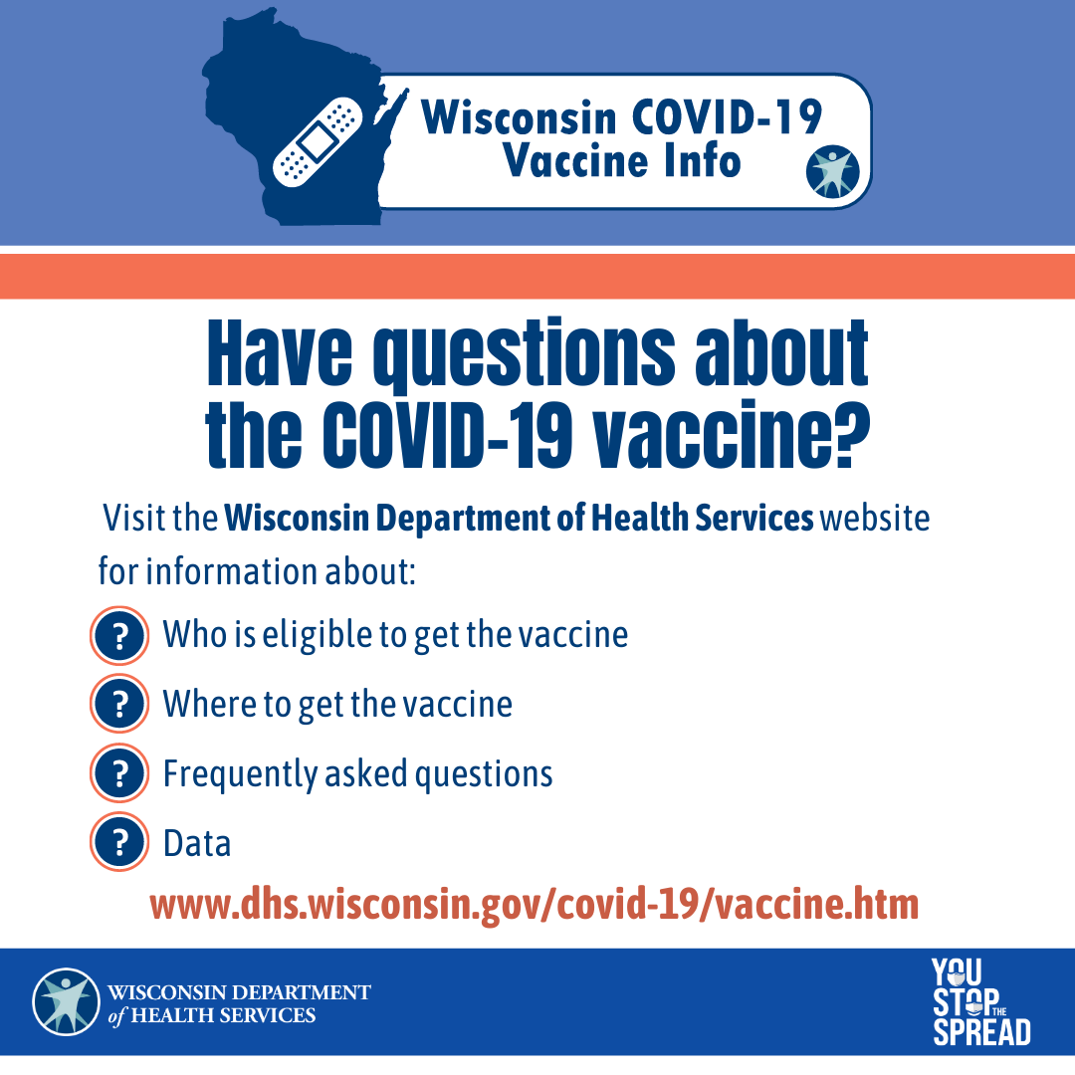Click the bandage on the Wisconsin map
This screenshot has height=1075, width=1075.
click(x=318, y=142)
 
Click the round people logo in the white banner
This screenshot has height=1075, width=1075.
click(x=832, y=171)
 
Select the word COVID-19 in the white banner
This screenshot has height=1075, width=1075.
click(x=726, y=116)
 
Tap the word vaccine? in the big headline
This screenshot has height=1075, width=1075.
click(x=731, y=434)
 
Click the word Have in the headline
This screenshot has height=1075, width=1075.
click(x=280, y=353)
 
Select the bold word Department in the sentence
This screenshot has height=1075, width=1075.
click(x=464, y=519)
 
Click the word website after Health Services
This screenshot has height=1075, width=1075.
click(x=875, y=518)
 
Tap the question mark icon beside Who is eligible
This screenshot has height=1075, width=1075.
click(x=119, y=635)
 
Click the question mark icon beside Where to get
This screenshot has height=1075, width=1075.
click(x=119, y=704)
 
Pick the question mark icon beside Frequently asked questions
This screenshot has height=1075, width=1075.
click(x=119, y=772)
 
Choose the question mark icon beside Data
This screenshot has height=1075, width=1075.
click(x=119, y=841)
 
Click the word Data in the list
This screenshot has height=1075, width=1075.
click(x=197, y=843)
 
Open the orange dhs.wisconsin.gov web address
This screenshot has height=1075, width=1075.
click(x=535, y=905)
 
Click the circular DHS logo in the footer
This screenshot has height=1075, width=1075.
click(x=66, y=1001)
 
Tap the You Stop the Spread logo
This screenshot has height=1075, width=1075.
click(x=981, y=1001)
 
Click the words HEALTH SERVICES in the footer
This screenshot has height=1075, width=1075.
click(x=223, y=1015)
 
